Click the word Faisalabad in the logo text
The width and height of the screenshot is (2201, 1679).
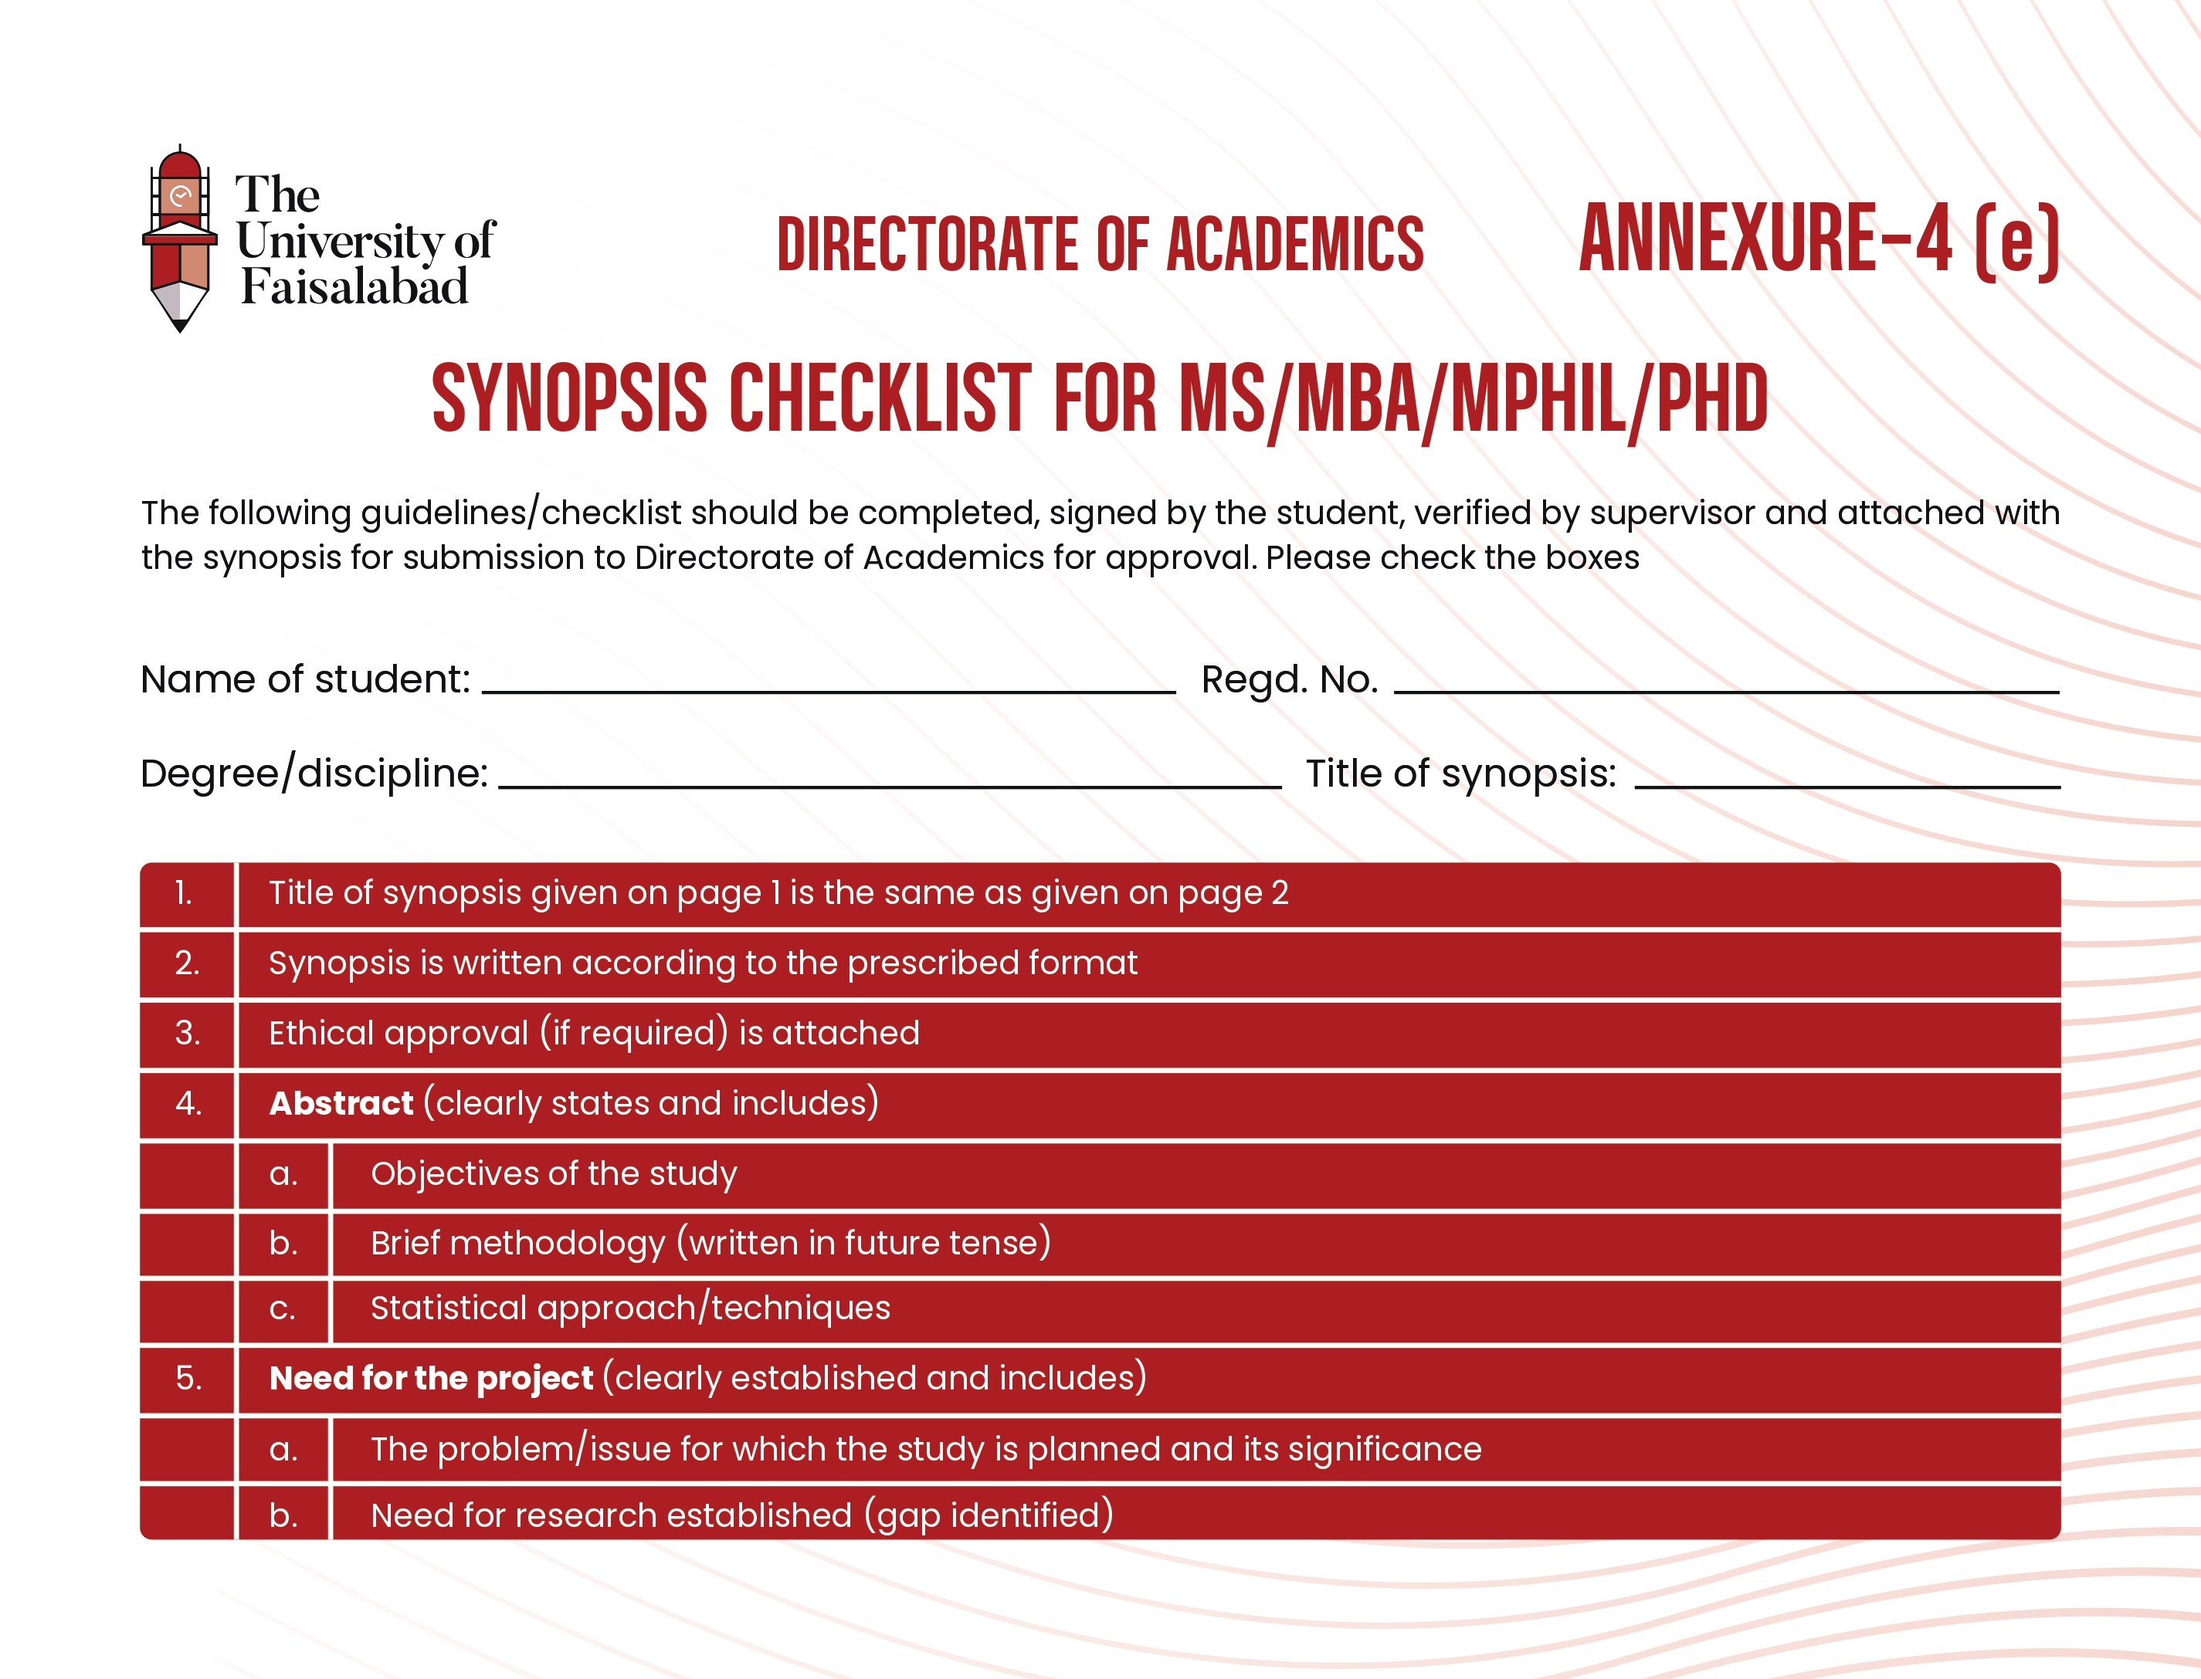click(x=354, y=288)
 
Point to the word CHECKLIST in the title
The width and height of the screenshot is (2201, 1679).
click(x=880, y=399)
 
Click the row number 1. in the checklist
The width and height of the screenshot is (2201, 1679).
click(x=184, y=893)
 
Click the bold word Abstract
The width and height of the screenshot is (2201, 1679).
click(x=341, y=1103)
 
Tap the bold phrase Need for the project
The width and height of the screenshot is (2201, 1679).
click(x=431, y=1378)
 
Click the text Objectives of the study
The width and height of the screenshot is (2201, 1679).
click(x=554, y=1173)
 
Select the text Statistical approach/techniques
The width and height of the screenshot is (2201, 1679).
click(x=629, y=1308)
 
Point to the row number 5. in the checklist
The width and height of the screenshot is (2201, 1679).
click(x=188, y=1378)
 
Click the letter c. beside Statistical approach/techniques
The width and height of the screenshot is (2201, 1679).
click(x=283, y=1309)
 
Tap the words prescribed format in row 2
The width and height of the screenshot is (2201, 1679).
click(x=992, y=963)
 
